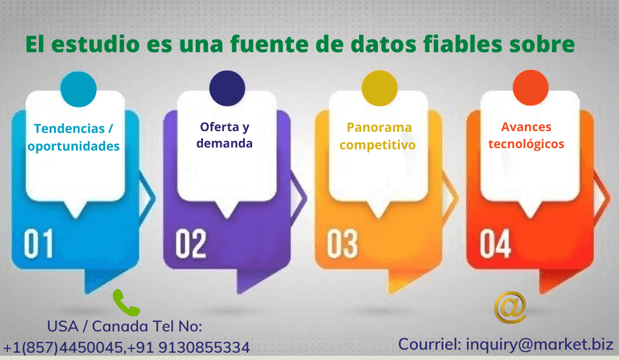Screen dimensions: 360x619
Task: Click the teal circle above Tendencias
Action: [x=78, y=89]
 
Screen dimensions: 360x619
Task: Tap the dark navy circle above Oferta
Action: [x=227, y=89]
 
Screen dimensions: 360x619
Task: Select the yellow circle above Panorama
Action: [x=379, y=89]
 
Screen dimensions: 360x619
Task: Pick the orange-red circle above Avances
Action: [x=530, y=89]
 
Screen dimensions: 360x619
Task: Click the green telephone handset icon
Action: [x=126, y=302]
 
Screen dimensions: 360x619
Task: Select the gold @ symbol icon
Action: [x=510, y=307]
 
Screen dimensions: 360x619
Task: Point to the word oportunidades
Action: [x=74, y=146]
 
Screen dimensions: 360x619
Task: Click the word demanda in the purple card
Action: [x=224, y=144]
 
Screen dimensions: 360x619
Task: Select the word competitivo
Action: [x=377, y=145]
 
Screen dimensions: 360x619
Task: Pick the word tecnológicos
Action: [x=526, y=144]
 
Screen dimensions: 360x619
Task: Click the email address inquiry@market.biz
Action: [x=539, y=344]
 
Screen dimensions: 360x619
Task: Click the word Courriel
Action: [x=429, y=344]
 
